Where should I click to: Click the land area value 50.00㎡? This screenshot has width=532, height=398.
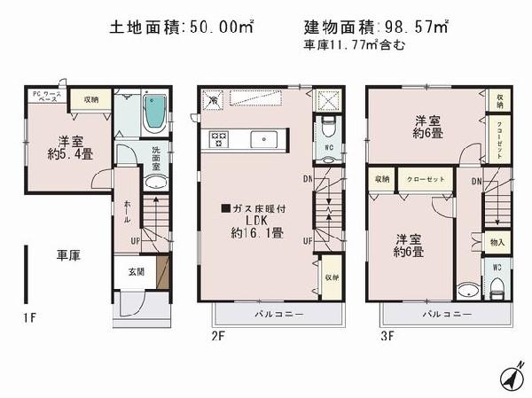click(x=223, y=27)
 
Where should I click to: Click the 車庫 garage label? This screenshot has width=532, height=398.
click(x=69, y=256)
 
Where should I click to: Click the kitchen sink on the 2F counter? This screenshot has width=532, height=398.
click(x=264, y=139)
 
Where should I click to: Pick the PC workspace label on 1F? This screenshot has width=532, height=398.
click(x=44, y=97)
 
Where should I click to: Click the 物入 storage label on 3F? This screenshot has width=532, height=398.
click(x=497, y=242)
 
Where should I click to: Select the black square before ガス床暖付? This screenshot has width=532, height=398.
click(x=225, y=208)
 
